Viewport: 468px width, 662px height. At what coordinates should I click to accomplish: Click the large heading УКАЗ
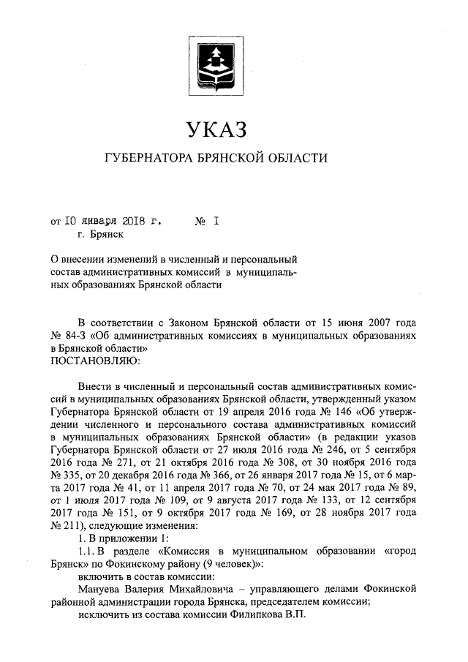click(x=216, y=130)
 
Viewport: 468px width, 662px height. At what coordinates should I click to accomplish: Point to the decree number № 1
click(x=208, y=219)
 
